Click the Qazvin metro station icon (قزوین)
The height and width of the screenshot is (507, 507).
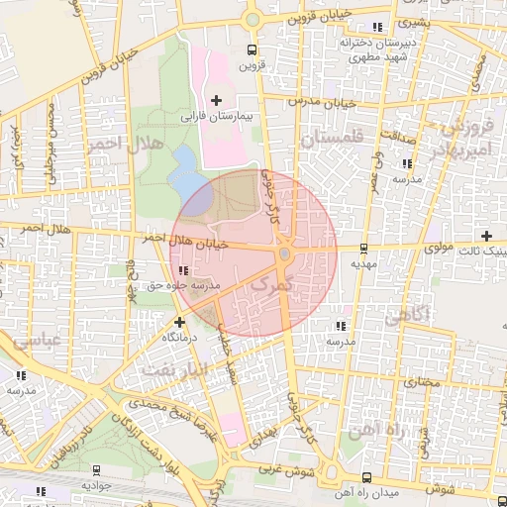(x=253, y=50)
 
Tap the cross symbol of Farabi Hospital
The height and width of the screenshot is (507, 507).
(x=217, y=100)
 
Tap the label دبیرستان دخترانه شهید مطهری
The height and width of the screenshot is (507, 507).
(x=375, y=50)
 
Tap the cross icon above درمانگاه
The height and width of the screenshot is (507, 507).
(x=179, y=322)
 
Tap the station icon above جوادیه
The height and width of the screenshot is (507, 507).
(x=96, y=470)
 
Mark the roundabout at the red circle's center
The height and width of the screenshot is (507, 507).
(x=284, y=255)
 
